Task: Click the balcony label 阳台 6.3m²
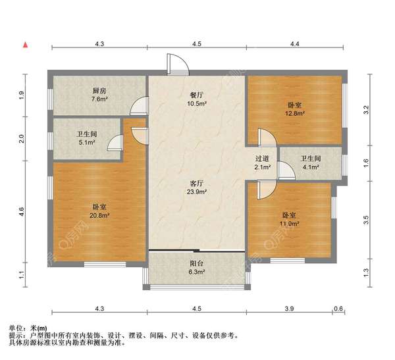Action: click(x=197, y=267)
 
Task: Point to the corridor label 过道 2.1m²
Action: click(x=262, y=163)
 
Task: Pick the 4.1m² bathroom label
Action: click(x=310, y=163)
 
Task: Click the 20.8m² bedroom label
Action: click(x=99, y=211)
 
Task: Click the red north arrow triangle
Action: click(x=25, y=45)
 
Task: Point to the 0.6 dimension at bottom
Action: click(x=339, y=309)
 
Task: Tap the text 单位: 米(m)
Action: click(x=28, y=327)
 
